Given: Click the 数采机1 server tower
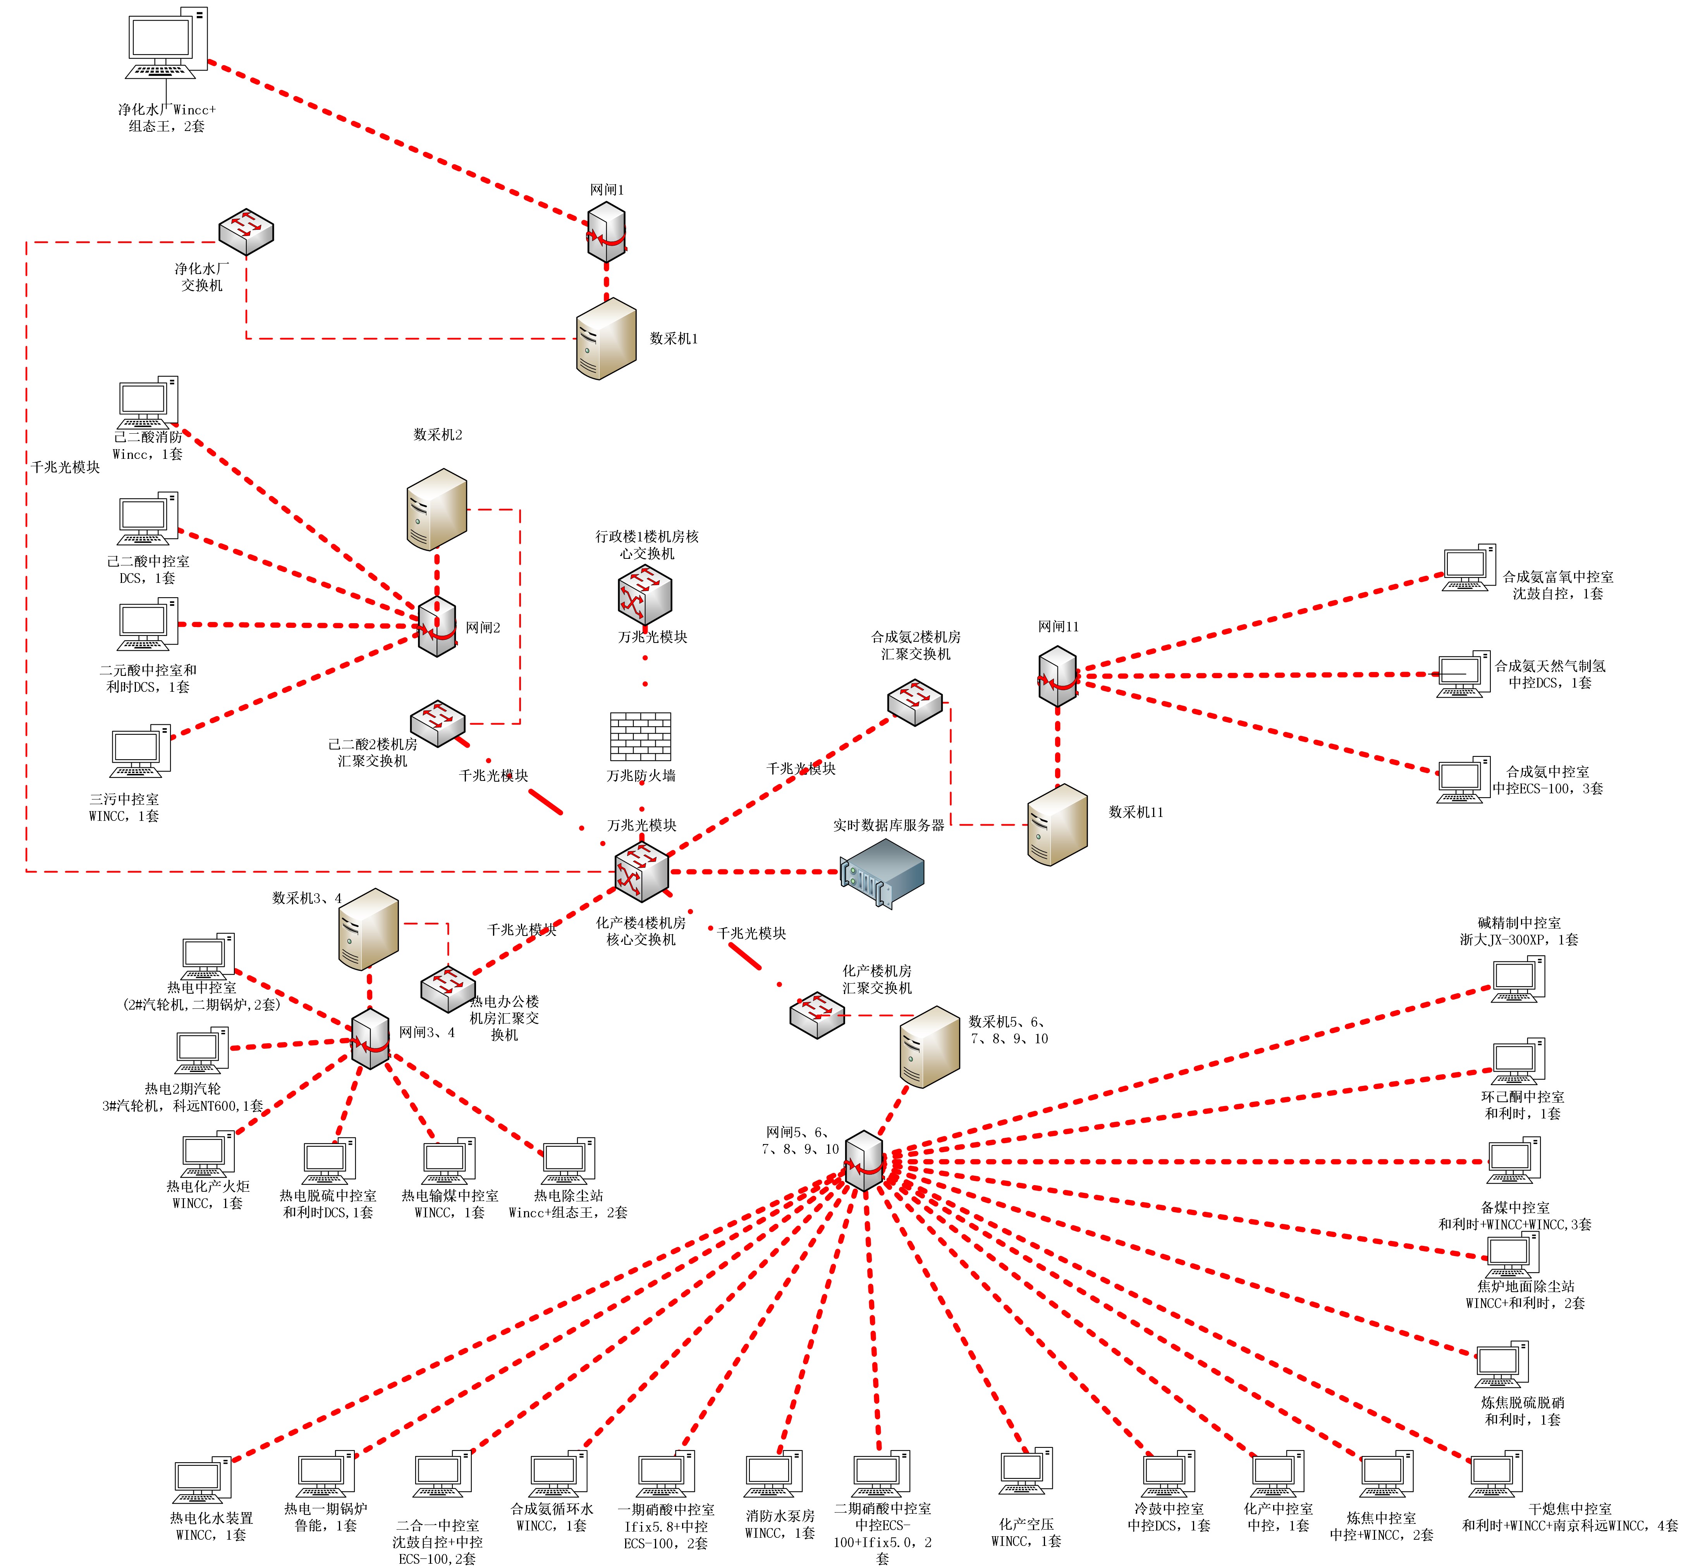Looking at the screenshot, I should point(606,339).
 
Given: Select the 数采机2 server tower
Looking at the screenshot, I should point(437,509).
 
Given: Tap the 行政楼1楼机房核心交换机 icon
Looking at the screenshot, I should point(645,594).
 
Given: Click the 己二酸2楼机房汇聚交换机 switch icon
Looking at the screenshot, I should point(438,723).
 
